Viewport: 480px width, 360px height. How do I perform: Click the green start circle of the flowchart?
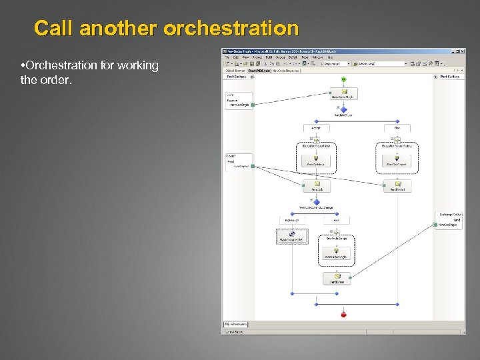pyautogui.click(x=344, y=79)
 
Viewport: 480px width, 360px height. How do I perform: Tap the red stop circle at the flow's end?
pyautogui.click(x=344, y=314)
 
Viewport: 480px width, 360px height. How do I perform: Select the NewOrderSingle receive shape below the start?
pyautogui.click(x=344, y=93)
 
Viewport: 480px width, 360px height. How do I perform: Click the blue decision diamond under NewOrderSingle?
pyautogui.click(x=344, y=110)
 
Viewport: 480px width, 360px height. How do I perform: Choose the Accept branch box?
pyautogui.click(x=316, y=127)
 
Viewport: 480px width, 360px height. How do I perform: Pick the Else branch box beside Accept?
pyautogui.click(x=397, y=127)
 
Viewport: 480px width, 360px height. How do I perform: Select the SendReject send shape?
pyautogui.click(x=397, y=186)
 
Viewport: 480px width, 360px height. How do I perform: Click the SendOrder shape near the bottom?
pyautogui.click(x=337, y=279)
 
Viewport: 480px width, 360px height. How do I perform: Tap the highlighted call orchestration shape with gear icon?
pyautogui.click(x=291, y=235)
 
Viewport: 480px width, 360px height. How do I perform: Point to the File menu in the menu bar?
pyautogui.click(x=227, y=57)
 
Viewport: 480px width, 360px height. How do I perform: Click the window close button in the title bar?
pyautogui.click(x=462, y=51)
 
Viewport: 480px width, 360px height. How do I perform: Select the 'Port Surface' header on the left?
pyautogui.click(x=237, y=77)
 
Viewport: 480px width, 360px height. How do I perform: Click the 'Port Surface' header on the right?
pyautogui.click(x=451, y=77)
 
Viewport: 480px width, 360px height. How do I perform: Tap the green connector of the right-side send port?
pyautogui.click(x=437, y=226)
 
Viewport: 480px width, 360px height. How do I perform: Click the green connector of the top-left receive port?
pyautogui.click(x=253, y=105)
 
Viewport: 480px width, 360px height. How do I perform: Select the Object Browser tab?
pyautogui.click(x=235, y=70)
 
